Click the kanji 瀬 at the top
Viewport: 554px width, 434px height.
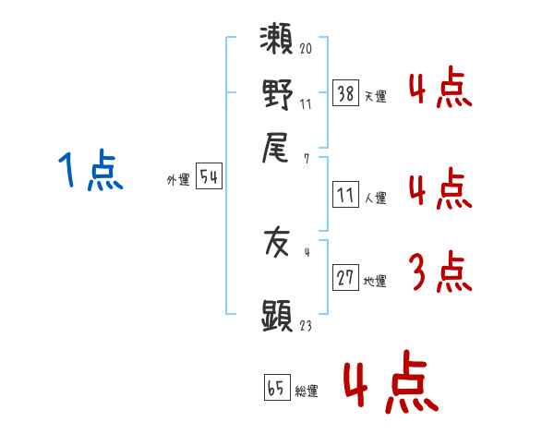tap(276, 39)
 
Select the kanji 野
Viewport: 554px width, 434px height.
tap(277, 94)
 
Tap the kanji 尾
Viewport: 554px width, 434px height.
tap(275, 148)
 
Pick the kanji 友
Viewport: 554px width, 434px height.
tap(277, 243)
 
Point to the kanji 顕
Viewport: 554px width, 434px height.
tap(277, 316)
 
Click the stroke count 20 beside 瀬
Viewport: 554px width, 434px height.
tap(306, 48)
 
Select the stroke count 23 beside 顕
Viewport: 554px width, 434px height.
tap(306, 325)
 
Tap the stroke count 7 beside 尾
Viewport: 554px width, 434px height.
tap(307, 159)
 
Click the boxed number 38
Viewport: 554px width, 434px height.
tap(345, 93)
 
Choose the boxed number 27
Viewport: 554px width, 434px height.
tap(345, 277)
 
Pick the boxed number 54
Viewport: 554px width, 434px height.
tap(209, 175)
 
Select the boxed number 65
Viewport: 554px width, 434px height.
tap(277, 387)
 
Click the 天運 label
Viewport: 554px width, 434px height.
tap(376, 96)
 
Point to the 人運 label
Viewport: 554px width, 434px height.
tap(376, 198)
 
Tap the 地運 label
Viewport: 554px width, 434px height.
tap(375, 282)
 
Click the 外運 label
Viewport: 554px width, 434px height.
tap(178, 180)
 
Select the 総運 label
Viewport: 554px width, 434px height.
tap(307, 392)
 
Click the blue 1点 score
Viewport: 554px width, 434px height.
tap(90, 170)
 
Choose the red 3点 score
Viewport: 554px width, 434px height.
tap(441, 271)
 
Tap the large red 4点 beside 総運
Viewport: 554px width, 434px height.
tap(391, 381)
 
